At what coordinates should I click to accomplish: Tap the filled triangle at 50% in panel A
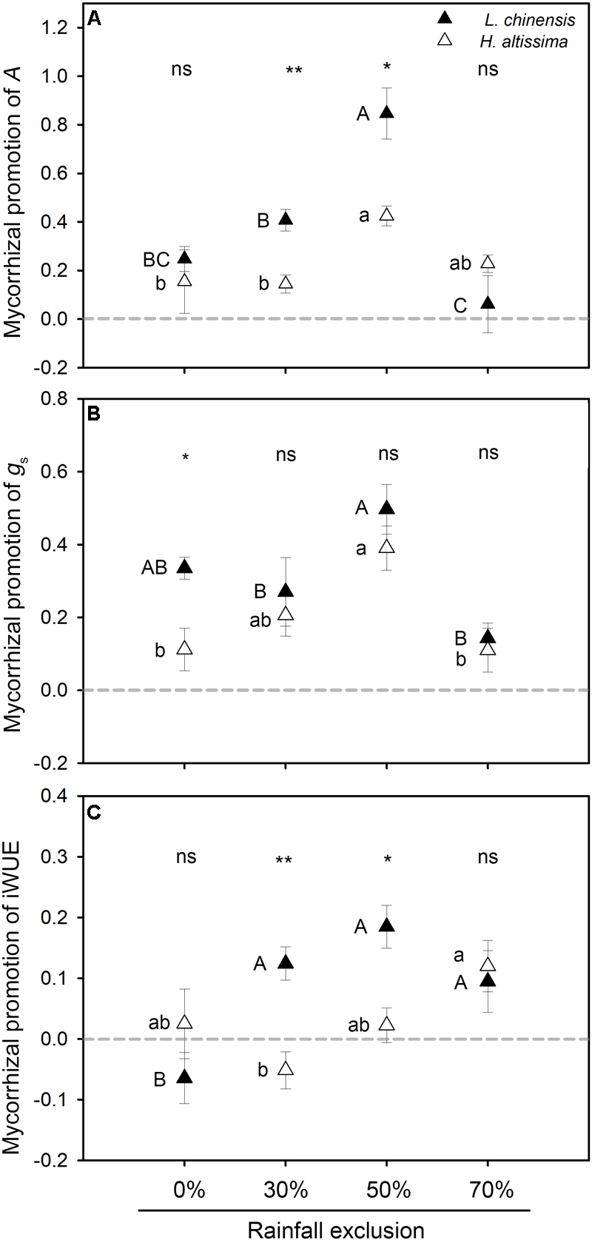pos(386,113)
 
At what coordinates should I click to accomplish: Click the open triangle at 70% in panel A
pos(488,262)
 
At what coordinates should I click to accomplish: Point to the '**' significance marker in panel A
pos(294,71)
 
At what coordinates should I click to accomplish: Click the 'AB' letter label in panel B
pos(155,569)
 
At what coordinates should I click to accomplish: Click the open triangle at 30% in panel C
pos(285,1069)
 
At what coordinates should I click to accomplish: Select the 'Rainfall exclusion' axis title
pos(335,1229)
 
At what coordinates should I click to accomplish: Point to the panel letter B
pos(95,415)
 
